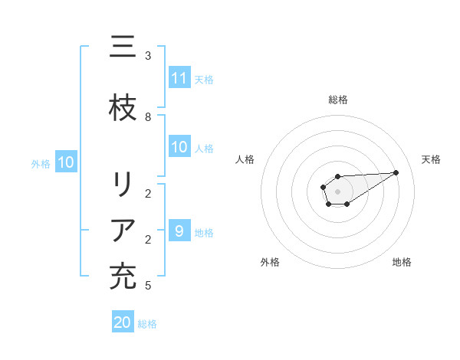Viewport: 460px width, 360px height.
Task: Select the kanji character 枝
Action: coord(123,108)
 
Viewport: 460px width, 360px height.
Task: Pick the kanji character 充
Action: coord(123,277)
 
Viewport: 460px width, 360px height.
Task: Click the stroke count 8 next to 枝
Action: coord(148,116)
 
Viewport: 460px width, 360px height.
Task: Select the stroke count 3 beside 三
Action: coord(148,56)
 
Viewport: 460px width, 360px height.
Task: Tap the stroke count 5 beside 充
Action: coord(148,286)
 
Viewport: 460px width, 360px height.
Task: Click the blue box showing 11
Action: coord(179,78)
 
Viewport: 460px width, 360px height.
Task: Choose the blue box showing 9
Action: coord(179,231)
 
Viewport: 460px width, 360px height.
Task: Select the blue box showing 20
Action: coord(123,322)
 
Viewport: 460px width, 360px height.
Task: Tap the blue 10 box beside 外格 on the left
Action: coord(65,162)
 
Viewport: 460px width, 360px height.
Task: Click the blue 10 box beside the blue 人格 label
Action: coord(179,147)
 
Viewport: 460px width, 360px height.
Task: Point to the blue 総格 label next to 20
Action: coord(147,324)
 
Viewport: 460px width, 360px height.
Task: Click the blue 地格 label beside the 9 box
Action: coord(204,232)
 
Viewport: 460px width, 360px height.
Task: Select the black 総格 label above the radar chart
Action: coord(338,100)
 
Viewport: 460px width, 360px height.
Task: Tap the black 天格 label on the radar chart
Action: coord(431,159)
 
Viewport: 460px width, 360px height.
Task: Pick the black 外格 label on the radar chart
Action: coord(270,262)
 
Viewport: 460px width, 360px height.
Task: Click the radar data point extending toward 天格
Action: coord(396,172)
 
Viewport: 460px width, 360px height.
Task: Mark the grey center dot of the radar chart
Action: coord(337,190)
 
